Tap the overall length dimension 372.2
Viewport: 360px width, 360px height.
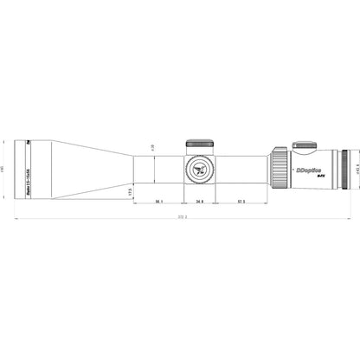(x=180, y=217)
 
